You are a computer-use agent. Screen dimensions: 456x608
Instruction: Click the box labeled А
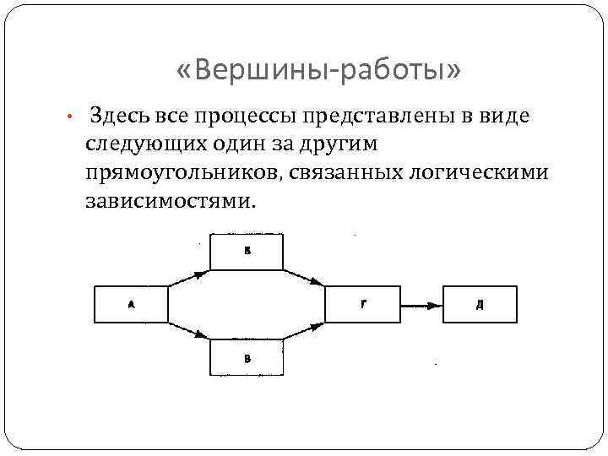[131, 305]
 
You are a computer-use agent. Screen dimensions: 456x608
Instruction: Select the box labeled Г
[363, 305]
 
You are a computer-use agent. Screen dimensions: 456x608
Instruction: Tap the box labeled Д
[480, 305]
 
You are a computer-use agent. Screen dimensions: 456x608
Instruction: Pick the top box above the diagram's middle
[247, 252]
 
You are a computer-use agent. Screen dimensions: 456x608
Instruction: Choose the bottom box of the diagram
[247, 358]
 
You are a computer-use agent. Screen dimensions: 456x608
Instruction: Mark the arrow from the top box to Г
[305, 279]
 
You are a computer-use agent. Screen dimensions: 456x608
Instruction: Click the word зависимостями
[169, 202]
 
